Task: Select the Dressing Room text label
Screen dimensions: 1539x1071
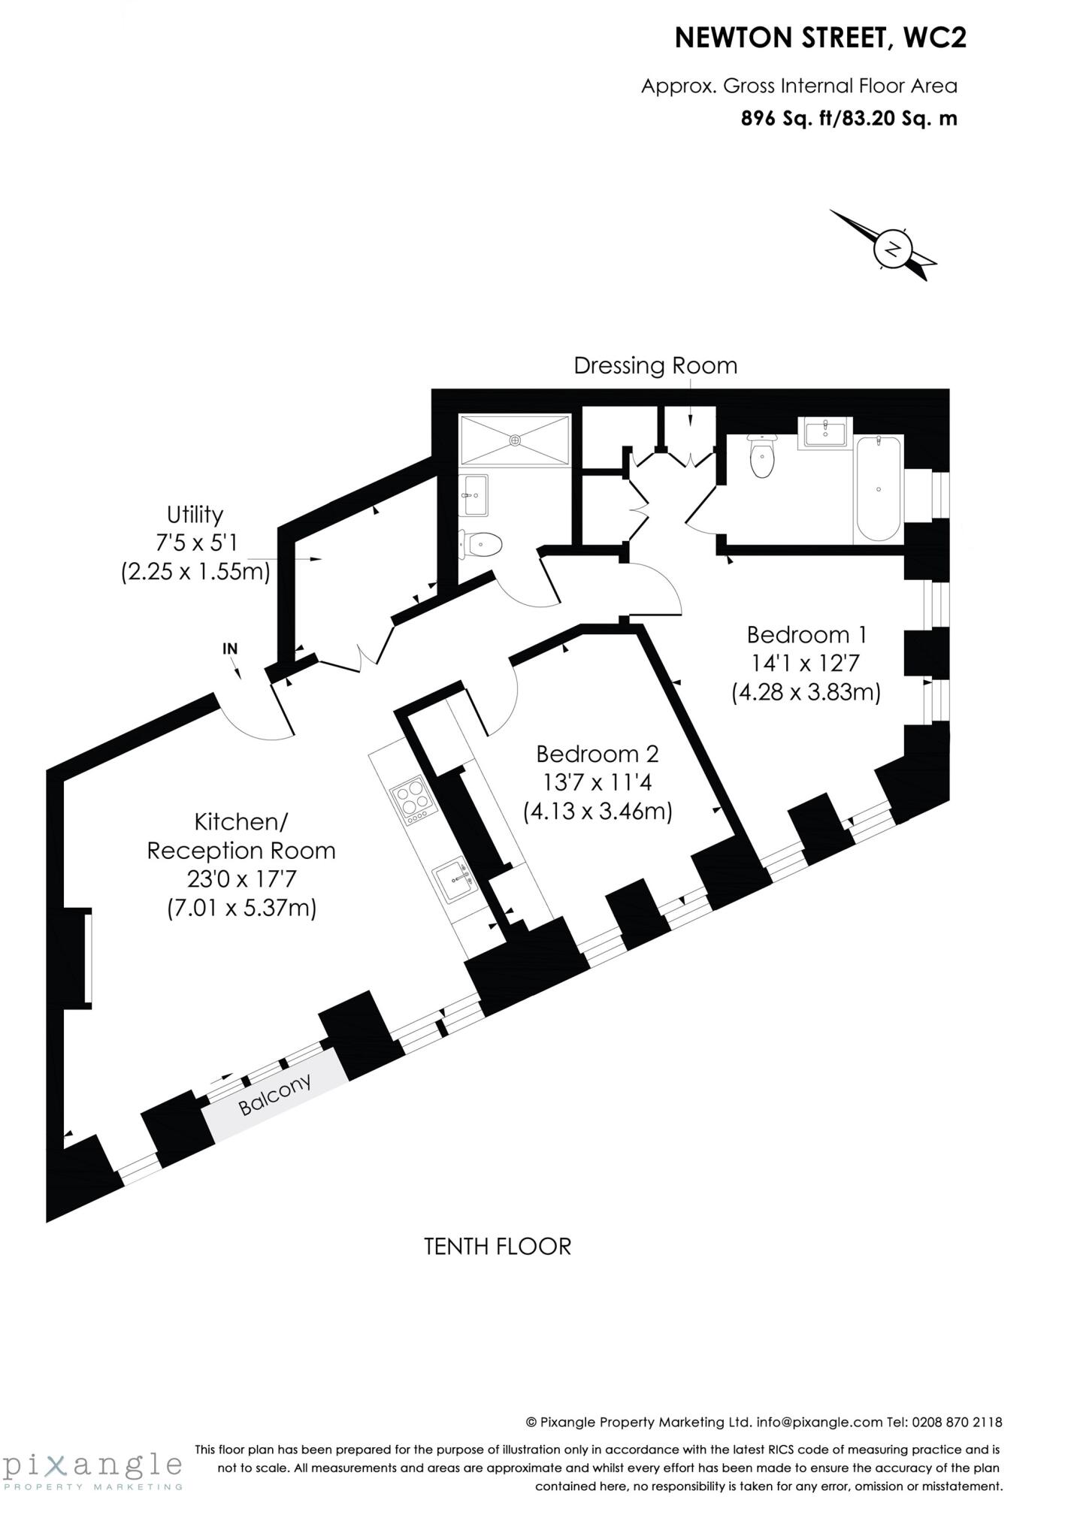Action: pyautogui.click(x=655, y=366)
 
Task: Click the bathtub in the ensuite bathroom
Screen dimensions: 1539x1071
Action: pyautogui.click(x=879, y=489)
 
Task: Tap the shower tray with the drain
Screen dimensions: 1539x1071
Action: pyautogui.click(x=515, y=440)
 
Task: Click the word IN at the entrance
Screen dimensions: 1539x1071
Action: pyautogui.click(x=230, y=649)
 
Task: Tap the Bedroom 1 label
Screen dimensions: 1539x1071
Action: pyautogui.click(x=806, y=635)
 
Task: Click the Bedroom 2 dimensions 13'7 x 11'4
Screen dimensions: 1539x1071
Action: pyautogui.click(x=597, y=783)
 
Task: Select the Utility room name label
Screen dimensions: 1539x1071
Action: pyautogui.click(x=195, y=515)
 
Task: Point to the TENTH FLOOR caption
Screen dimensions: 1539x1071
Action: pyautogui.click(x=498, y=1247)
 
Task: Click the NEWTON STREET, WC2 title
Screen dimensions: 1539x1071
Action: pyautogui.click(x=821, y=38)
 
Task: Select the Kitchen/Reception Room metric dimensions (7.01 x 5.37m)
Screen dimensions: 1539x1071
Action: pyautogui.click(x=241, y=909)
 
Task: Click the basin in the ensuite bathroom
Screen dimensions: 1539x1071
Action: pyautogui.click(x=824, y=433)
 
